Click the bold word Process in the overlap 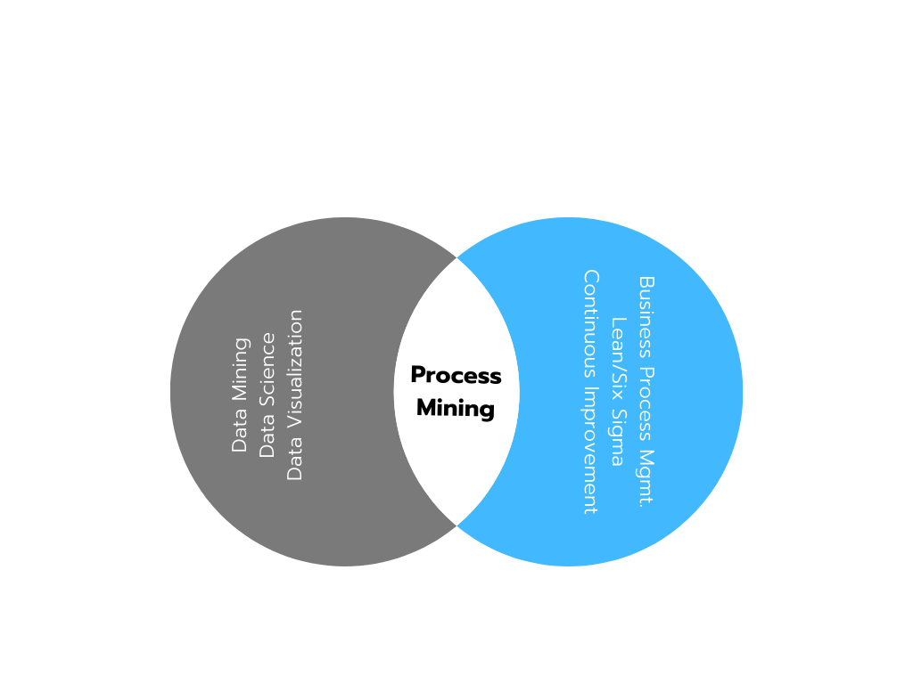pyautogui.click(x=456, y=376)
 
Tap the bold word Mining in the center pyautogui.click(x=456, y=409)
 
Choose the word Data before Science pyautogui.click(x=267, y=437)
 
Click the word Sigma pyautogui.click(x=618, y=436)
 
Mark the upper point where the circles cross pyautogui.click(x=456, y=257)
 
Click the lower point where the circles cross pyautogui.click(x=456, y=525)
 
